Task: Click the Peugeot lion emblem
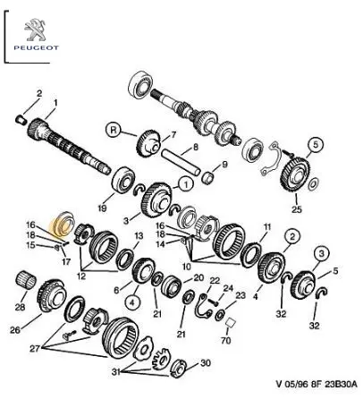coord(36,30)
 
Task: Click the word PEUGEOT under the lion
coord(37,47)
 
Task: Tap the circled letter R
coord(114,131)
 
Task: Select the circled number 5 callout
coord(316,145)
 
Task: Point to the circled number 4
coord(132,302)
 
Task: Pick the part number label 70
coord(226,340)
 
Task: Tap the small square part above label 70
coord(230,323)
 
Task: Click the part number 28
coord(21,307)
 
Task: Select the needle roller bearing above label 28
coord(25,281)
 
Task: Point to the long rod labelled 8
coord(181,163)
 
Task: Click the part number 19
coord(102,208)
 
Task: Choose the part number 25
coord(297,209)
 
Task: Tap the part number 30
coord(206,363)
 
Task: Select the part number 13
coord(139,236)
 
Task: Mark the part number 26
coord(15,330)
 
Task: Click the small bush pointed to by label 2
coord(21,120)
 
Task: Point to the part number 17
coord(66,262)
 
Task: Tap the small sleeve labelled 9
coord(209,178)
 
